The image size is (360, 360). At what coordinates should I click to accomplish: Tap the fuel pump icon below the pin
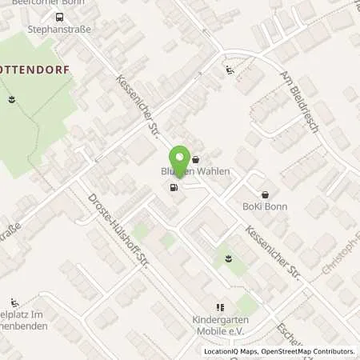tap(173, 188)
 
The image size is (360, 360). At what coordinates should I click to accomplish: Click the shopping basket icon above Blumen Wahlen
tap(195, 160)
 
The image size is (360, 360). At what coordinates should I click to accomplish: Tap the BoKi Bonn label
tap(265, 206)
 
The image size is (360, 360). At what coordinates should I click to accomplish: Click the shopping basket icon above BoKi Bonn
tap(265, 194)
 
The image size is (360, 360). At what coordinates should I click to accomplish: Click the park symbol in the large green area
tap(11, 99)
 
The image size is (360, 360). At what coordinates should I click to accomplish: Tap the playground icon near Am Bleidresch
tap(230, 70)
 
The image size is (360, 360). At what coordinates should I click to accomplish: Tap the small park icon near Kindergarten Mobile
tap(229, 258)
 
